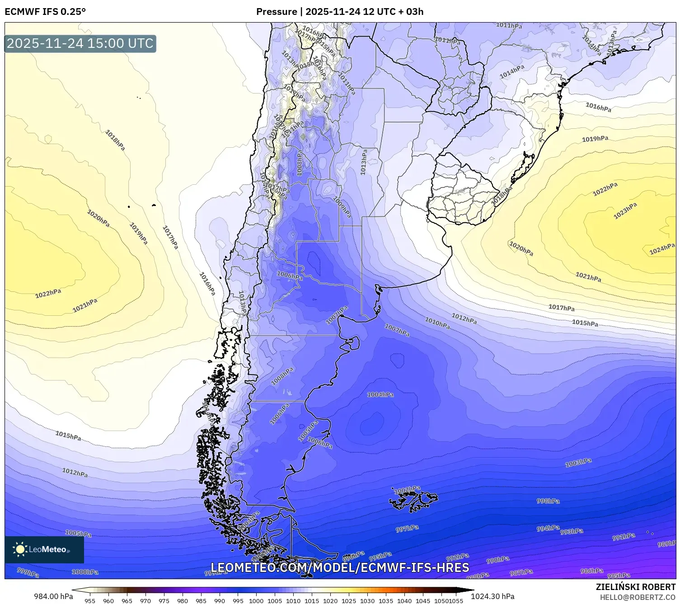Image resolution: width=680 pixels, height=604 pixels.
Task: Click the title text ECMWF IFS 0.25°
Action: click(x=45, y=12)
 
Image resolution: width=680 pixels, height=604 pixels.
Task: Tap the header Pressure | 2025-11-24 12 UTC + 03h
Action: click(x=340, y=12)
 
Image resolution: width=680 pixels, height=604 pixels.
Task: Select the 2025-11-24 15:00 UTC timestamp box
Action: click(x=80, y=43)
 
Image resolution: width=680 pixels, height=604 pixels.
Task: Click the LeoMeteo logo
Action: click(x=44, y=549)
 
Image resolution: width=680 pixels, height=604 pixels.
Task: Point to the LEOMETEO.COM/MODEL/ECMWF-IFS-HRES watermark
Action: click(x=340, y=567)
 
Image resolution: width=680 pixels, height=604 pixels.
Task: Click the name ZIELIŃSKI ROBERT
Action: click(x=635, y=587)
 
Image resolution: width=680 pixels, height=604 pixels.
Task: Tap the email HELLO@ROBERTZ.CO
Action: click(x=638, y=597)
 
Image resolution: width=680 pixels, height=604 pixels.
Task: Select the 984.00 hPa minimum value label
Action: click(x=53, y=596)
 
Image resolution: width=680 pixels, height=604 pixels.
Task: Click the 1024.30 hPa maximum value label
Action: click(x=492, y=596)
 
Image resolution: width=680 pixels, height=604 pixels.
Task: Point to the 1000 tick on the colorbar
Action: click(x=256, y=601)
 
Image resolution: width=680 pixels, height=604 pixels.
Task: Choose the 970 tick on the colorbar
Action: click(x=145, y=601)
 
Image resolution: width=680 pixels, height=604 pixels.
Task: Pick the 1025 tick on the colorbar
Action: click(x=349, y=601)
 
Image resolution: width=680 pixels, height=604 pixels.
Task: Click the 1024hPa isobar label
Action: click(x=662, y=249)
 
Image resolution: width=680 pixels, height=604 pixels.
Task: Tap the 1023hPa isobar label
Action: click(x=625, y=211)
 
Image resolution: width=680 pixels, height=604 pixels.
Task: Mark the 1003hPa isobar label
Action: click(x=578, y=463)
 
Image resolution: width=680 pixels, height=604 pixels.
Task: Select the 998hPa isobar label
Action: click(x=548, y=501)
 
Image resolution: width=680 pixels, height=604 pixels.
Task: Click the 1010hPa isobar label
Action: click(x=437, y=323)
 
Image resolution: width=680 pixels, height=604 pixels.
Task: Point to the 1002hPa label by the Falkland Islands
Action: click(x=407, y=490)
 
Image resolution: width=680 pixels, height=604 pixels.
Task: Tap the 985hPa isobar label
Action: click(x=619, y=576)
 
